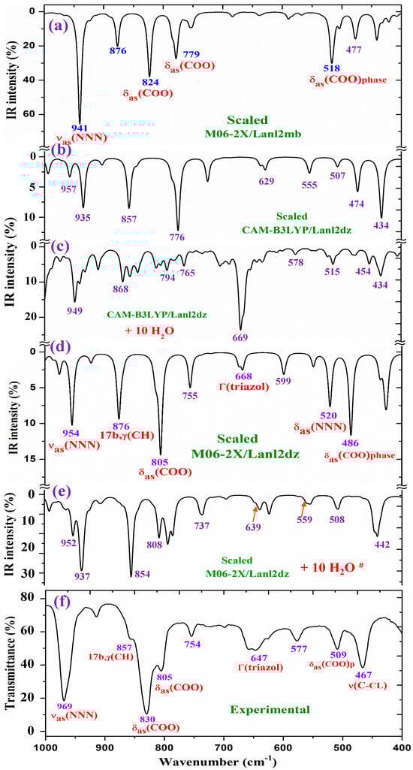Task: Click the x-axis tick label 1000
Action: tap(46, 749)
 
